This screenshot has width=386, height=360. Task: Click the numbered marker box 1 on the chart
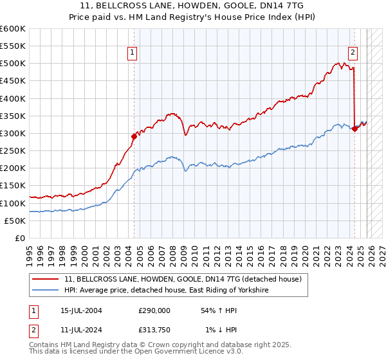[132, 53]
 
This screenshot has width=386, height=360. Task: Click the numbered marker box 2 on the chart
[353, 53]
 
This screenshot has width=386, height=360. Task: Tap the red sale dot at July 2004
[134, 136]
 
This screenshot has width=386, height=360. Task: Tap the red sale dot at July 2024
[355, 129]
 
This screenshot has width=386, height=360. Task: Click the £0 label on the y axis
[20, 238]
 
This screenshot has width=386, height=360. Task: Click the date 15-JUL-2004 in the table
[77, 310]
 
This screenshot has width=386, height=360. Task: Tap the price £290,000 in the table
[154, 310]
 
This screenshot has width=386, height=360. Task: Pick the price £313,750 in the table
[154, 330]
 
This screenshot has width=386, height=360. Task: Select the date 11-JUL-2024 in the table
[77, 330]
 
